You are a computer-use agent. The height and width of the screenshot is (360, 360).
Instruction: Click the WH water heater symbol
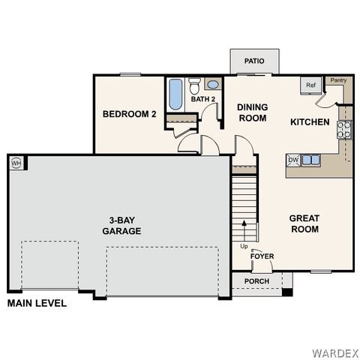click(15, 163)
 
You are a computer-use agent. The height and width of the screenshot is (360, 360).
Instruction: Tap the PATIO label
click(254, 61)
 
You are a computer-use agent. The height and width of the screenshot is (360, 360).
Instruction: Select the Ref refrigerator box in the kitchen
click(310, 85)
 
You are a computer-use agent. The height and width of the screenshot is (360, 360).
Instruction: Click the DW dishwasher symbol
click(294, 160)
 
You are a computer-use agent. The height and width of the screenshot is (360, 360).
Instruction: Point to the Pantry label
click(338, 79)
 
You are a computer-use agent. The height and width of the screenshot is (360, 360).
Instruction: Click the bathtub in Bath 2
click(175, 94)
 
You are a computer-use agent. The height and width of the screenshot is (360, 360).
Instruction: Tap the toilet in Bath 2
click(194, 84)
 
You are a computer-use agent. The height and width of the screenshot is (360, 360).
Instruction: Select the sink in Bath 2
click(212, 84)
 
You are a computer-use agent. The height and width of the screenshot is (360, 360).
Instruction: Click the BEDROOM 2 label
click(129, 114)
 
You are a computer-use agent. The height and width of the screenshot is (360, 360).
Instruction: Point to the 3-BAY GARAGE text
click(121, 226)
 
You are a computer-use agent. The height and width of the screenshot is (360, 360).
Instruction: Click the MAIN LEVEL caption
click(37, 304)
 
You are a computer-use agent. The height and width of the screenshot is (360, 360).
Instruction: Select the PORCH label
click(256, 282)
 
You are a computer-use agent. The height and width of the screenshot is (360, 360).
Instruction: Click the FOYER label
click(262, 256)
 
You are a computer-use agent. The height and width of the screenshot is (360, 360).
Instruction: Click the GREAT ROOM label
click(304, 223)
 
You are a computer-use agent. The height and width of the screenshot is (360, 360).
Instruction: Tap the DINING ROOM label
click(252, 112)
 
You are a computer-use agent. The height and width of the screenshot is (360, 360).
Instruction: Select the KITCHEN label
click(310, 121)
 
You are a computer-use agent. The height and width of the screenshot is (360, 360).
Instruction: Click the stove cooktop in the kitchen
click(346, 129)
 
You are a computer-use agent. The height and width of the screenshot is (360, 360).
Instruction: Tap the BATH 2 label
click(202, 99)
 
